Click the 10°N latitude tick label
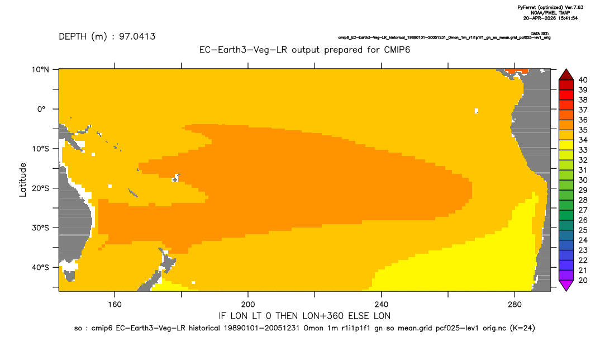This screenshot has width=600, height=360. pos(40,70)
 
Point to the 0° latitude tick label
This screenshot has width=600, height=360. pos(42,109)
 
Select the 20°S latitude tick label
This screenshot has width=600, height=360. pos(40,188)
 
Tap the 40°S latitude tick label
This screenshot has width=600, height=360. pos(40,267)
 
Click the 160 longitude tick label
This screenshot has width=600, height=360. pos(115,305)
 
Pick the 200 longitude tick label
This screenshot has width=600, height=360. pos(248,305)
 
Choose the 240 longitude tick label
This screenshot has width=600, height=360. pos(381,305)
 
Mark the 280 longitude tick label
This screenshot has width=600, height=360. pos(515,305)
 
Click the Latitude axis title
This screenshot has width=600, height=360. pos(23,180)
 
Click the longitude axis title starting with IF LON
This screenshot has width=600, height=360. pos(304,316)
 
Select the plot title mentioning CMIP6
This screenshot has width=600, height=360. pos(304,50)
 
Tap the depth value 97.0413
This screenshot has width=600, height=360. pos(137,36)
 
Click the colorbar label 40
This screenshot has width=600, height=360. pos(583,80)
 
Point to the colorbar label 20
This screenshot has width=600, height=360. pos(583,280)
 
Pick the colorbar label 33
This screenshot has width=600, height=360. pos(583,150)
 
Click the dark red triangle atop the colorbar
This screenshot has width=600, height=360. pos(566,75)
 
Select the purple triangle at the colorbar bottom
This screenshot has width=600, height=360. pos(566,285)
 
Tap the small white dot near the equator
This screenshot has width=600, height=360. pos(477,111)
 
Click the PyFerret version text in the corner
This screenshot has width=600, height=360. pos(550,7)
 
